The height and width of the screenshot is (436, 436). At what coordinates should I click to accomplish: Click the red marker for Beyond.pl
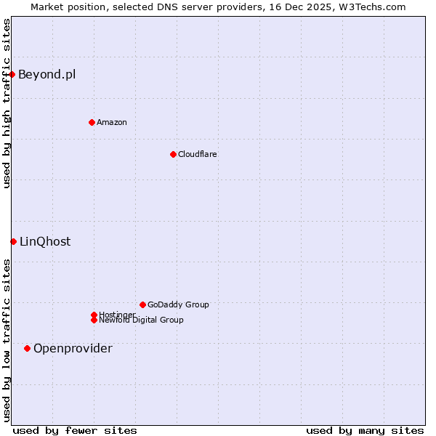click(x=12, y=74)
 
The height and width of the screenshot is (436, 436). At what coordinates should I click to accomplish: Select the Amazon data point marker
click(x=92, y=122)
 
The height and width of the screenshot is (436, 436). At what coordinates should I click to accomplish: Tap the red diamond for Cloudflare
click(x=173, y=154)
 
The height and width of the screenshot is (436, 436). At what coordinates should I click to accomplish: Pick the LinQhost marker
click(x=13, y=241)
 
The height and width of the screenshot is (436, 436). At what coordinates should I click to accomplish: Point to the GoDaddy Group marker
click(x=142, y=304)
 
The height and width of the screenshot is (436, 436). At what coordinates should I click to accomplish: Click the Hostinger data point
click(x=94, y=315)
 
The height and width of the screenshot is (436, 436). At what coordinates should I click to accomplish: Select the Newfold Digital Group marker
click(x=94, y=320)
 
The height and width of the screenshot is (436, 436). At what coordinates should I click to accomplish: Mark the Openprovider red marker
click(x=27, y=348)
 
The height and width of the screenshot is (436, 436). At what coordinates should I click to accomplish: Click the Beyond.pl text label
click(x=47, y=74)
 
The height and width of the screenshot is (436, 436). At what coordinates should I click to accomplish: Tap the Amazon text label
click(x=112, y=122)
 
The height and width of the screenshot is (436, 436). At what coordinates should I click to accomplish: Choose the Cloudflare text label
click(x=198, y=154)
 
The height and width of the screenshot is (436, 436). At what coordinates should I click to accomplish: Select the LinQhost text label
click(x=45, y=241)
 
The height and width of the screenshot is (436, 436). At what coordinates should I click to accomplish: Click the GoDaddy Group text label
click(x=178, y=304)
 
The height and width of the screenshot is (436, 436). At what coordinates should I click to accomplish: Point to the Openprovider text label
click(x=73, y=348)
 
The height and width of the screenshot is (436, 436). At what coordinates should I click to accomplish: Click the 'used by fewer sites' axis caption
click(x=75, y=430)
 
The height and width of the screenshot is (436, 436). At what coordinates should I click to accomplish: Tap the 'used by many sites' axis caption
click(x=365, y=430)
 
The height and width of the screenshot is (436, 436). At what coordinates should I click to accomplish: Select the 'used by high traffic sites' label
click(x=7, y=103)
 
